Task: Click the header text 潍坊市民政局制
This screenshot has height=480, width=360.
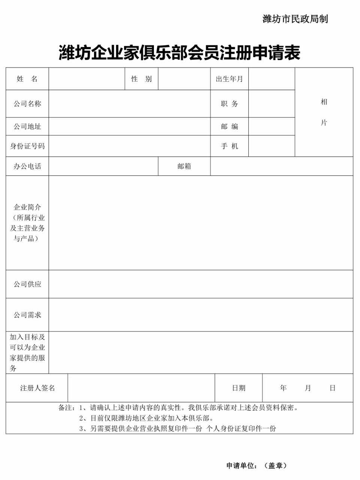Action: pyautogui.click(x=295, y=19)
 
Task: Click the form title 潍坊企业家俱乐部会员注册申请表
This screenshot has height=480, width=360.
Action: pyautogui.click(x=179, y=53)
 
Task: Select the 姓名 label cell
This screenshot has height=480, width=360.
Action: pyautogui.click(x=27, y=79)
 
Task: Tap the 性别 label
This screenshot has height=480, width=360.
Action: pyautogui.click(x=142, y=79)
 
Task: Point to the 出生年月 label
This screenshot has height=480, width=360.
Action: pyautogui.click(x=229, y=79)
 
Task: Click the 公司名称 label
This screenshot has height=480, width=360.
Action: pyautogui.click(x=27, y=104)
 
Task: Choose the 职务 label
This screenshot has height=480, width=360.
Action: pyautogui.click(x=229, y=104)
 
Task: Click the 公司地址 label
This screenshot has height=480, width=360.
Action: pyautogui.click(x=27, y=126)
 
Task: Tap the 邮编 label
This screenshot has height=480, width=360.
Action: pyautogui.click(x=229, y=126)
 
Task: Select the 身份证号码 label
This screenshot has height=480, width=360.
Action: pyautogui.click(x=27, y=146)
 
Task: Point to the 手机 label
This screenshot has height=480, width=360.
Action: pyautogui.click(x=229, y=146)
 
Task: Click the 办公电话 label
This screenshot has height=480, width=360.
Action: pyautogui.click(x=27, y=166)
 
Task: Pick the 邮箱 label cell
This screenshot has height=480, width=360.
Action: pyautogui.click(x=184, y=166)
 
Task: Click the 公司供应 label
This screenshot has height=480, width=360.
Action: pyautogui.click(x=27, y=284)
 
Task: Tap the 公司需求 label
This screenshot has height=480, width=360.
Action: pyautogui.click(x=27, y=315)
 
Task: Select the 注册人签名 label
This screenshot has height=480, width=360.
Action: pyautogui.click(x=37, y=388)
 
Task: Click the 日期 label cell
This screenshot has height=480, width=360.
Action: pyautogui.click(x=239, y=388)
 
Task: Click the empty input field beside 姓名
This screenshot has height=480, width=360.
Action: pyautogui.click(x=87, y=79)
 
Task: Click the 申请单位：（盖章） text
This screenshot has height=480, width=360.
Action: pyautogui.click(x=257, y=465)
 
